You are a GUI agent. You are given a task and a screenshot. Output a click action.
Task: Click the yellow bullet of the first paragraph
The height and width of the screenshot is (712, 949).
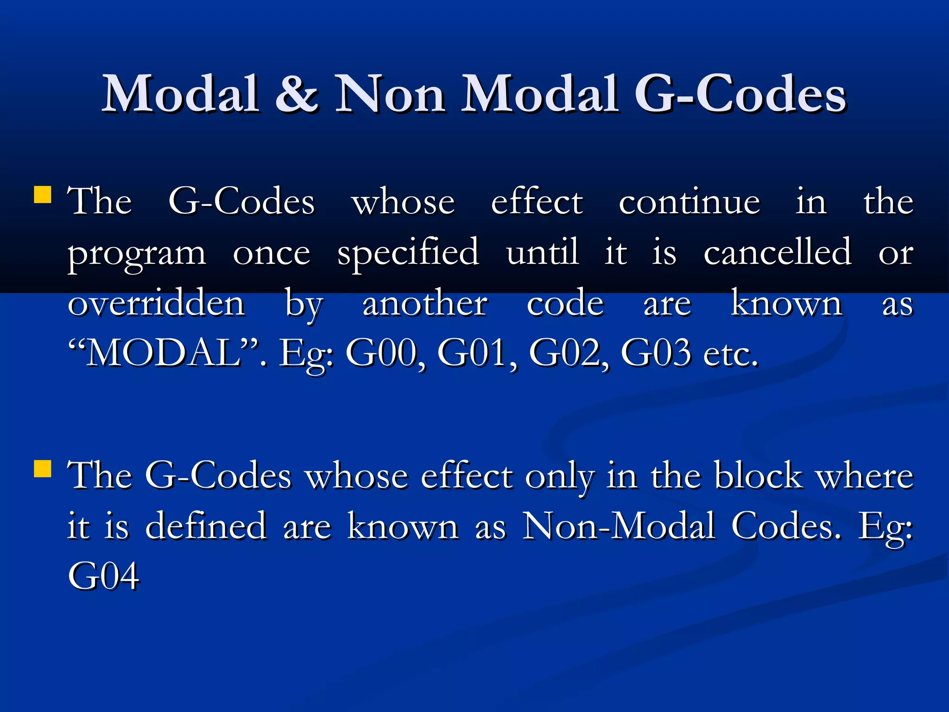point(43,195)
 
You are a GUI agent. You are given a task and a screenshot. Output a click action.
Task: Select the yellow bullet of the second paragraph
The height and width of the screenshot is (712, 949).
point(43,469)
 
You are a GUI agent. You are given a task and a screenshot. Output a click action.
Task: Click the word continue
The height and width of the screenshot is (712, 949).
point(689,203)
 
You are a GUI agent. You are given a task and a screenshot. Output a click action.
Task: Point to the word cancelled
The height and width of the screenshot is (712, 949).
point(777,253)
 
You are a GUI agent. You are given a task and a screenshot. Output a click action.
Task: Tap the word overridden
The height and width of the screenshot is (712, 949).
point(156,304)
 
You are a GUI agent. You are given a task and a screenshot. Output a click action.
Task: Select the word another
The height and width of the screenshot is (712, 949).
point(425,304)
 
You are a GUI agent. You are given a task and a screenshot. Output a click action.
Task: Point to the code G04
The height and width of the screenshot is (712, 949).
point(103,576)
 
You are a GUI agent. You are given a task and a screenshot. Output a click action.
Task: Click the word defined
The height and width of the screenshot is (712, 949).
point(206,526)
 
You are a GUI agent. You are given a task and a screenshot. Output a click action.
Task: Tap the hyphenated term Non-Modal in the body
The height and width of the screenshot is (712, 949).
point(619,526)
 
